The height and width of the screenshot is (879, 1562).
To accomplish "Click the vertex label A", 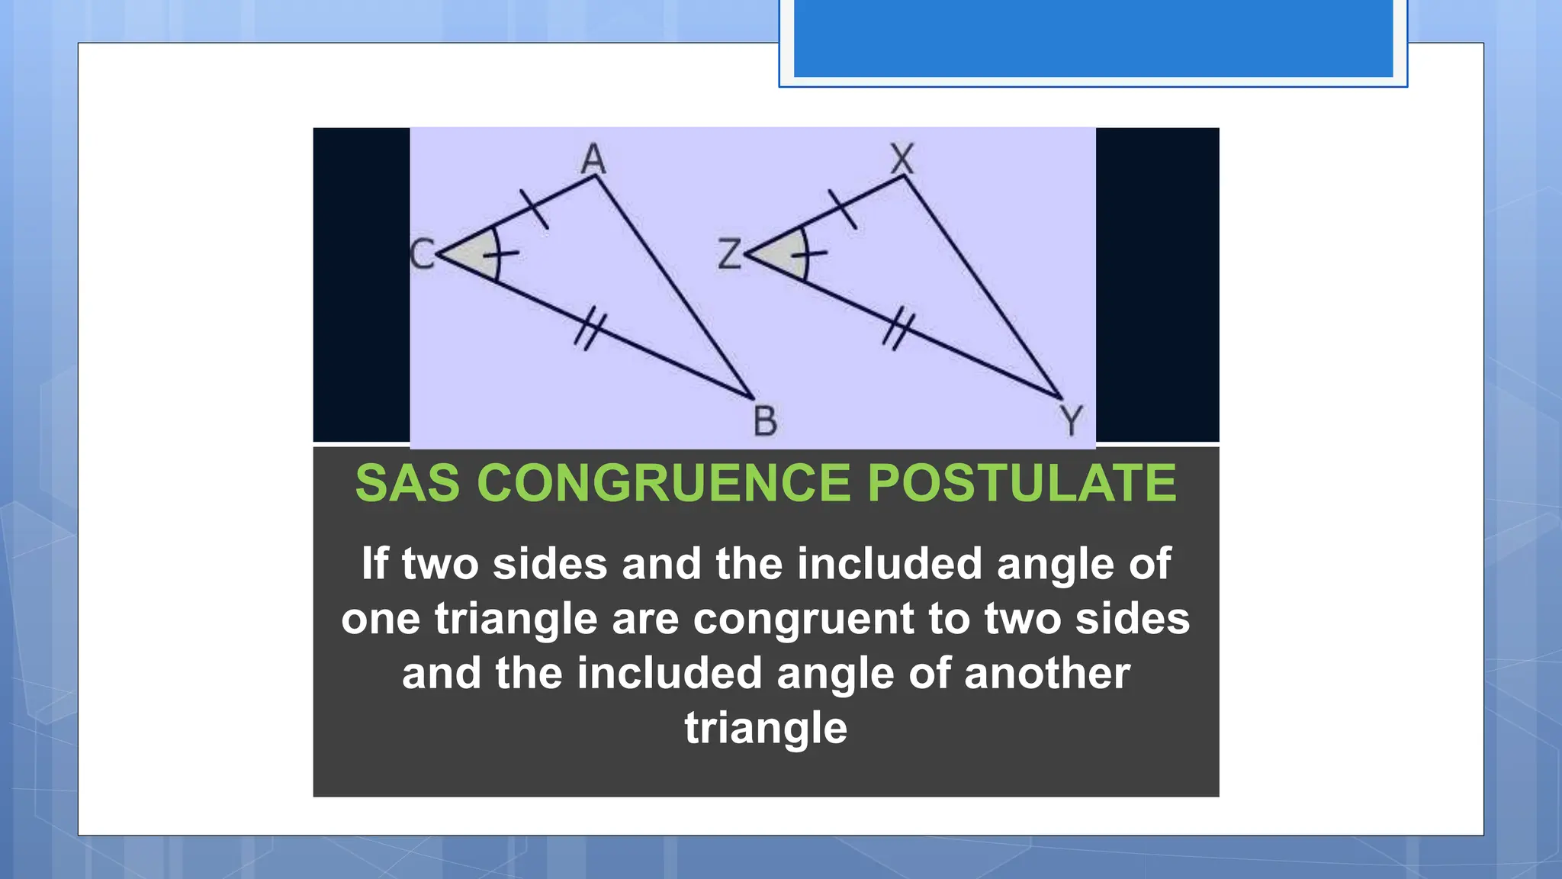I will pyautogui.click(x=593, y=159).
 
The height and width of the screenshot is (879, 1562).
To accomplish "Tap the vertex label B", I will pyautogui.click(x=765, y=421).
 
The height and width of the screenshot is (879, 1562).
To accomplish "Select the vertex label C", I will pyautogui.click(x=422, y=253).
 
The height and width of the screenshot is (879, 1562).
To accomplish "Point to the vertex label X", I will pyautogui.click(x=902, y=159).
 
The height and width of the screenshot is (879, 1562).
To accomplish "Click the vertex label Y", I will pyautogui.click(x=1072, y=420).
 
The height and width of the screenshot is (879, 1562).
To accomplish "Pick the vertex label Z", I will pyautogui.click(x=729, y=253).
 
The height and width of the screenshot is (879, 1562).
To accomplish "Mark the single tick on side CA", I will pyautogui.click(x=534, y=208).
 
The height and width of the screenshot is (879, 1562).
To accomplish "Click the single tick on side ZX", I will pyautogui.click(x=843, y=208).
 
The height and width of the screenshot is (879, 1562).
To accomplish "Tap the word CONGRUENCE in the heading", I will pyautogui.click(x=664, y=483).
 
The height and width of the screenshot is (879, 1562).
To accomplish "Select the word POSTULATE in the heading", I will pyautogui.click(x=1022, y=483).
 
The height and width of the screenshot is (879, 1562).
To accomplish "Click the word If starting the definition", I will pyautogui.click(x=374, y=564).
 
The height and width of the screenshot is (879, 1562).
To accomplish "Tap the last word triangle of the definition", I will pyautogui.click(x=766, y=729).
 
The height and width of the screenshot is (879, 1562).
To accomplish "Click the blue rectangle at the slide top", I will pyautogui.click(x=1093, y=38).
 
